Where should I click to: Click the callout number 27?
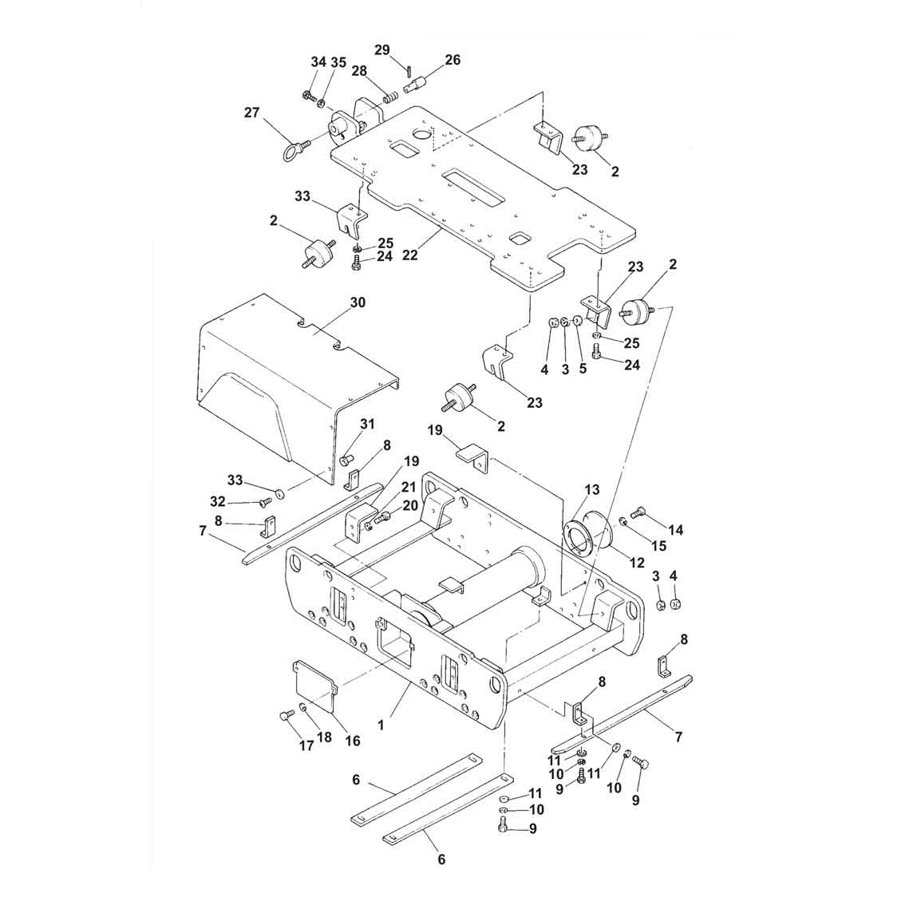[251, 112]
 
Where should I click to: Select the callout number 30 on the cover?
[358, 302]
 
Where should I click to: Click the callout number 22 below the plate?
[409, 255]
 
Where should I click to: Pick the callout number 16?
[352, 740]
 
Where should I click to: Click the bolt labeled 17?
[285, 717]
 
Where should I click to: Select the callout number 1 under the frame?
[381, 725]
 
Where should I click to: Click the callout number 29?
[382, 49]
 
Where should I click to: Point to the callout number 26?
[452, 59]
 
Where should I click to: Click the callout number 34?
[318, 62]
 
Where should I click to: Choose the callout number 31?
[367, 425]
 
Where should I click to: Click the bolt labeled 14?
[639, 512]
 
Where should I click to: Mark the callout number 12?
[637, 562]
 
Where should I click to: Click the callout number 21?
[409, 488]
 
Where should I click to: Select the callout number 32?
[218, 501]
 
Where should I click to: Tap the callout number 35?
[338, 62]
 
